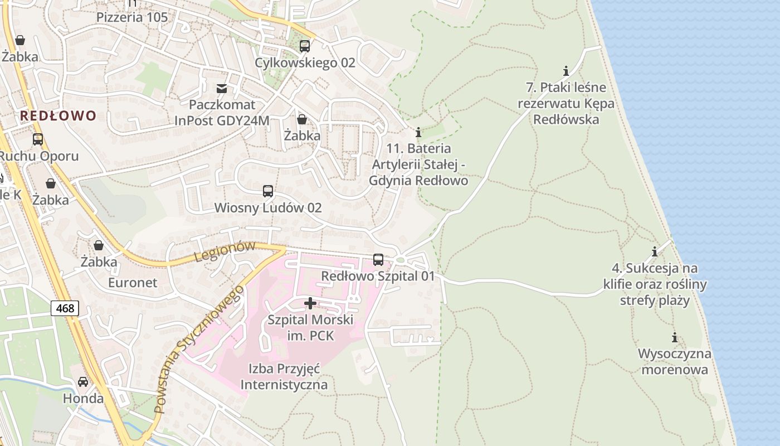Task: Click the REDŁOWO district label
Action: point(58,116)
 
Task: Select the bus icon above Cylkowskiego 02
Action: point(304,46)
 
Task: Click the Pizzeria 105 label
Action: point(131,17)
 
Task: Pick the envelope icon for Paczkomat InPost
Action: point(222,88)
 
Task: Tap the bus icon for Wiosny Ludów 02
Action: point(268,191)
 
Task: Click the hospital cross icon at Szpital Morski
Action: point(310,303)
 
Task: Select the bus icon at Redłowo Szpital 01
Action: point(378,260)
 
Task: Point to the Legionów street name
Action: point(225,251)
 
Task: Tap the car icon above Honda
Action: point(83,382)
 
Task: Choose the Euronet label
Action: point(133,283)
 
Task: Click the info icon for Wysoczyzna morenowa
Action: point(675,338)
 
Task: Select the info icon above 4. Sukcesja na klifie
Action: point(655,251)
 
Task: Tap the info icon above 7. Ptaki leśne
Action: point(566,71)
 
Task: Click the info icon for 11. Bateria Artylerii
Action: point(418,133)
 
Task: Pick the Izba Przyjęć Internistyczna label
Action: point(284,376)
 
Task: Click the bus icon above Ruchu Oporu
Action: point(38,139)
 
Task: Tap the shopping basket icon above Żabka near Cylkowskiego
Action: point(301,119)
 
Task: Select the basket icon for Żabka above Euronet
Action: point(99,245)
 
